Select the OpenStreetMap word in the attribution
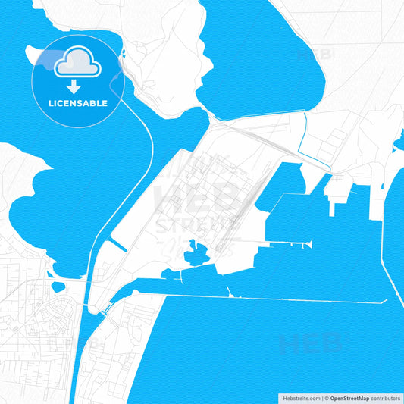[348, 398]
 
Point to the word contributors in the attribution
[386, 398]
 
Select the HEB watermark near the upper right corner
[314, 55]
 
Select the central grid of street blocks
[202, 194]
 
